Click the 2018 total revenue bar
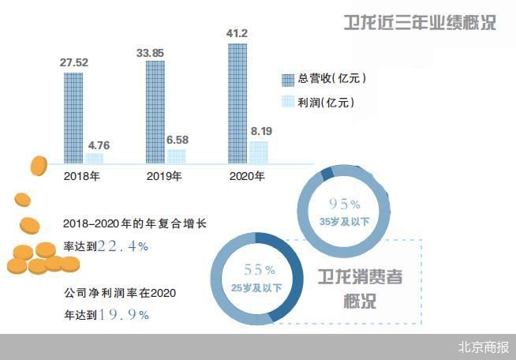tap(73, 118)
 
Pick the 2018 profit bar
tap(94, 159)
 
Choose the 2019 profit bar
tap(176, 156)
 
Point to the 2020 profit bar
tap(258, 152)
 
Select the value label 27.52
tap(73, 61)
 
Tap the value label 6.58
tap(177, 140)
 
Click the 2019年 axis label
tap(165, 176)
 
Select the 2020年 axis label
tap(246, 176)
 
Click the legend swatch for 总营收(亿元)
tap(287, 78)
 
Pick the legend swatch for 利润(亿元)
tap(287, 102)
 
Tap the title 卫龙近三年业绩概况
tap(421, 22)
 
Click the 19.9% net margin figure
tap(122, 314)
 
